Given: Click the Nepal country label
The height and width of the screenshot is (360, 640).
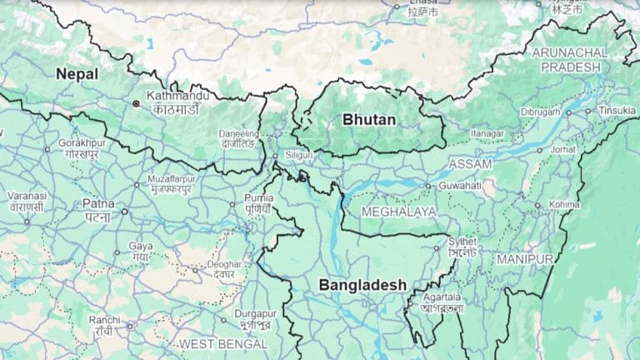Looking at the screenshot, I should pos(77,74).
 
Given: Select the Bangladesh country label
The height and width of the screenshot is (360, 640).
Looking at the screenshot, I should pos(362,284).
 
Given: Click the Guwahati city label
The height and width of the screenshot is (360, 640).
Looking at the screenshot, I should pos(459,185).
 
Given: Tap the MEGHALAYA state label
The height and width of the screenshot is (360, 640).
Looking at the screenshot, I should pos(398,212).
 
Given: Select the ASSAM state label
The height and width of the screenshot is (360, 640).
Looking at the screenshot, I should pos(470,164).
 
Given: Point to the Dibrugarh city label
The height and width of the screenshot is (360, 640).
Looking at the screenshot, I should pos(541,111).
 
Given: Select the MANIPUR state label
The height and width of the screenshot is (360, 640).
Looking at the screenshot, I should pos(525,259).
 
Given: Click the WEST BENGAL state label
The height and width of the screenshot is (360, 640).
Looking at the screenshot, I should pos(223,343).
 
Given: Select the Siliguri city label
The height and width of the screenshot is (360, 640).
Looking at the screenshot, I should pos(297,155).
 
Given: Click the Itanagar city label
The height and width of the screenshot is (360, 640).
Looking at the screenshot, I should pos(488,132).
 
